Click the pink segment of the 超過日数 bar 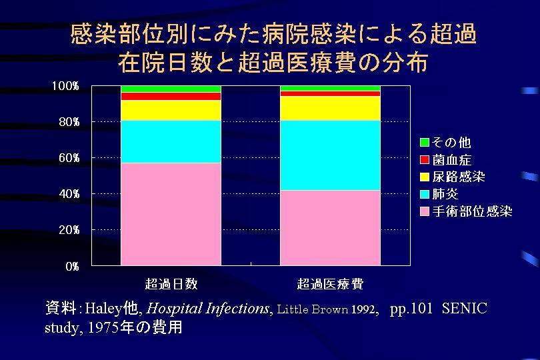pos(171,214)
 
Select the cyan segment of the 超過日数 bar pos(171,141)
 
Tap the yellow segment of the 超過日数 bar pos(171,110)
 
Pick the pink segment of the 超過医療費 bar pos(330,227)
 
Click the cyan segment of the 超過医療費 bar pos(330,155)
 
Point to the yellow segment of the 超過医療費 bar pos(330,108)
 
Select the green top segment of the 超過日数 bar pos(171,89)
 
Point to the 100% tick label pos(66,86)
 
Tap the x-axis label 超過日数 pos(171,283)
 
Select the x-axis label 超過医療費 pos(330,283)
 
